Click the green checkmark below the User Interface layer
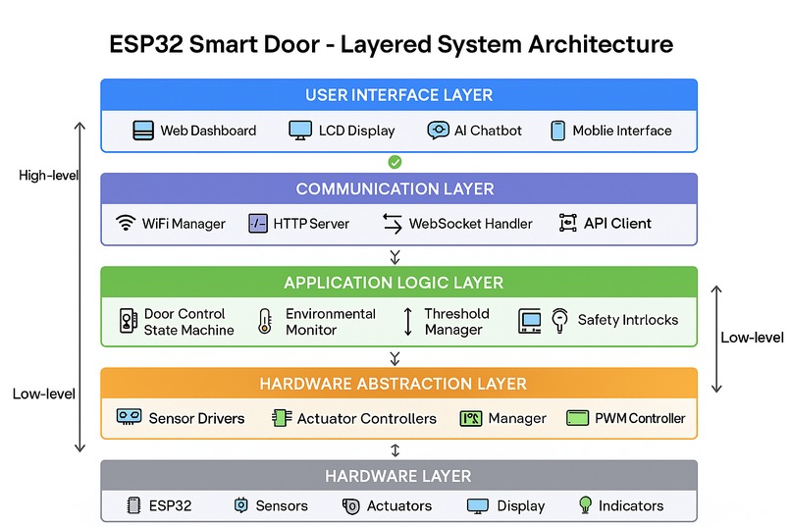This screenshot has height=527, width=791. tap(395, 162)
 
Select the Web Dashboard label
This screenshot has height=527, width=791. tap(208, 131)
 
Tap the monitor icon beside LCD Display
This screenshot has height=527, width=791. tap(300, 131)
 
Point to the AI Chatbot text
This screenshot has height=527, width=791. tap(488, 131)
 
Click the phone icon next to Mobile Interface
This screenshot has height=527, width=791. tap(557, 131)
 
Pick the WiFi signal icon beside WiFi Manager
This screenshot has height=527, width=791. tap(125, 223)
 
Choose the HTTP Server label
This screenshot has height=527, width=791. tap(311, 223)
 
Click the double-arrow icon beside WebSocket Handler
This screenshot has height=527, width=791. tap(392, 224)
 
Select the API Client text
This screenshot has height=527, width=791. tap(617, 223)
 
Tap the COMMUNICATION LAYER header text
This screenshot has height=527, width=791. tap(395, 188)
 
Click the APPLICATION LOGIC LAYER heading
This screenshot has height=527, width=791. tap(394, 283)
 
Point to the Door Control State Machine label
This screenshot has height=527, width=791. tap(188, 322)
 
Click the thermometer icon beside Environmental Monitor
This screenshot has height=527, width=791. tap(264, 322)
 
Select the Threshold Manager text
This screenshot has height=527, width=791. tap(456, 322)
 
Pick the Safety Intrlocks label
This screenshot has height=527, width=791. tap(627, 319)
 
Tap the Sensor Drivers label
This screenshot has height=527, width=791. tap(196, 418)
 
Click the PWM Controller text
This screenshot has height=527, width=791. tap(640, 418)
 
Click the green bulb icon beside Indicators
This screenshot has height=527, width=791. tap(585, 505)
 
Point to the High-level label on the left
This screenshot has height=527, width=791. tap(48, 176)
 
